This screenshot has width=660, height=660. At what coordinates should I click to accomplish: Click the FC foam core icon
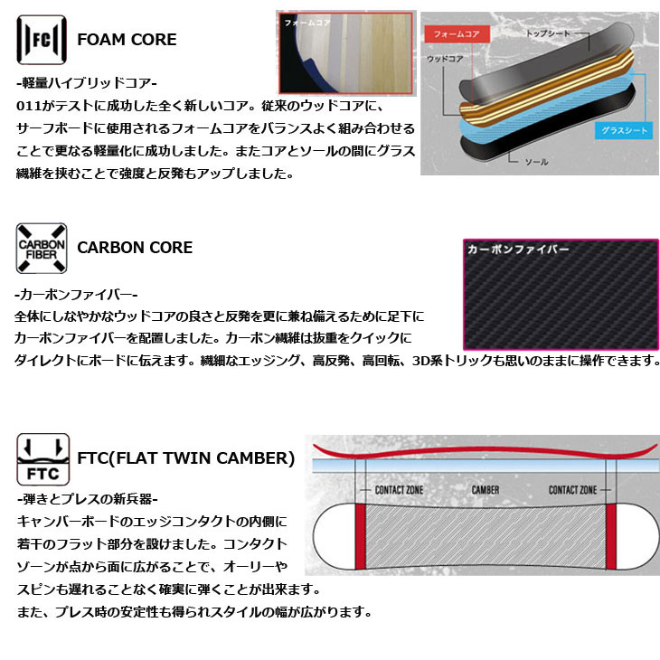(x=42, y=40)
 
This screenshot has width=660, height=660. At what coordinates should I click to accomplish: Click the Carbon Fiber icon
(x=42, y=249)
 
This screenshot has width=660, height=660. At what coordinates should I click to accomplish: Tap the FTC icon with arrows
(x=42, y=459)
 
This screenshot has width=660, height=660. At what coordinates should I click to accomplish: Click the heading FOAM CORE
(x=127, y=40)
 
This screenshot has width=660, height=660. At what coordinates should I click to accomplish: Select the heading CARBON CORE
(x=135, y=248)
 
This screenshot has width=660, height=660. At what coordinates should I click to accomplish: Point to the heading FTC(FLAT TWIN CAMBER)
(x=186, y=458)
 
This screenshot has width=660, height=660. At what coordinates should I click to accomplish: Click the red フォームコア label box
(x=457, y=34)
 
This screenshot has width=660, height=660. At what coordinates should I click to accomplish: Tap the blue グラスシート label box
(x=624, y=130)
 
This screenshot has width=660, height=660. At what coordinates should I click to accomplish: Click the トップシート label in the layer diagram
(x=548, y=33)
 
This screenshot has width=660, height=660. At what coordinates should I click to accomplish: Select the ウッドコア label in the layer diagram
(x=445, y=59)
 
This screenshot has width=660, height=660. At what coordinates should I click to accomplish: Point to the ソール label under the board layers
(x=536, y=162)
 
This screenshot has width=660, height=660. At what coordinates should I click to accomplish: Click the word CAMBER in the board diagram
(x=486, y=490)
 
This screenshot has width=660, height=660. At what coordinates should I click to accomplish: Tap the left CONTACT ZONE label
(x=399, y=490)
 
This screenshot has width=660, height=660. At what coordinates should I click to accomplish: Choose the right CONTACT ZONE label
(x=573, y=490)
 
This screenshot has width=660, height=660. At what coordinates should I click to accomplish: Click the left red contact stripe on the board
(x=361, y=536)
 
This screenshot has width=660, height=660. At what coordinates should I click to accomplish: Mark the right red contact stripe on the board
(x=611, y=536)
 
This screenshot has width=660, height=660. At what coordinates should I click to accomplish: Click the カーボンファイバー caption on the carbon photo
(x=518, y=250)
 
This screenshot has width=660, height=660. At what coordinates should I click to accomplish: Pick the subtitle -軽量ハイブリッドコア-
(x=86, y=83)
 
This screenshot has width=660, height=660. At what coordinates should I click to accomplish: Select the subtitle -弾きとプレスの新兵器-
(x=87, y=499)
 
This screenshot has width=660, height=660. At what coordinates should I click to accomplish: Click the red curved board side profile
(x=484, y=450)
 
